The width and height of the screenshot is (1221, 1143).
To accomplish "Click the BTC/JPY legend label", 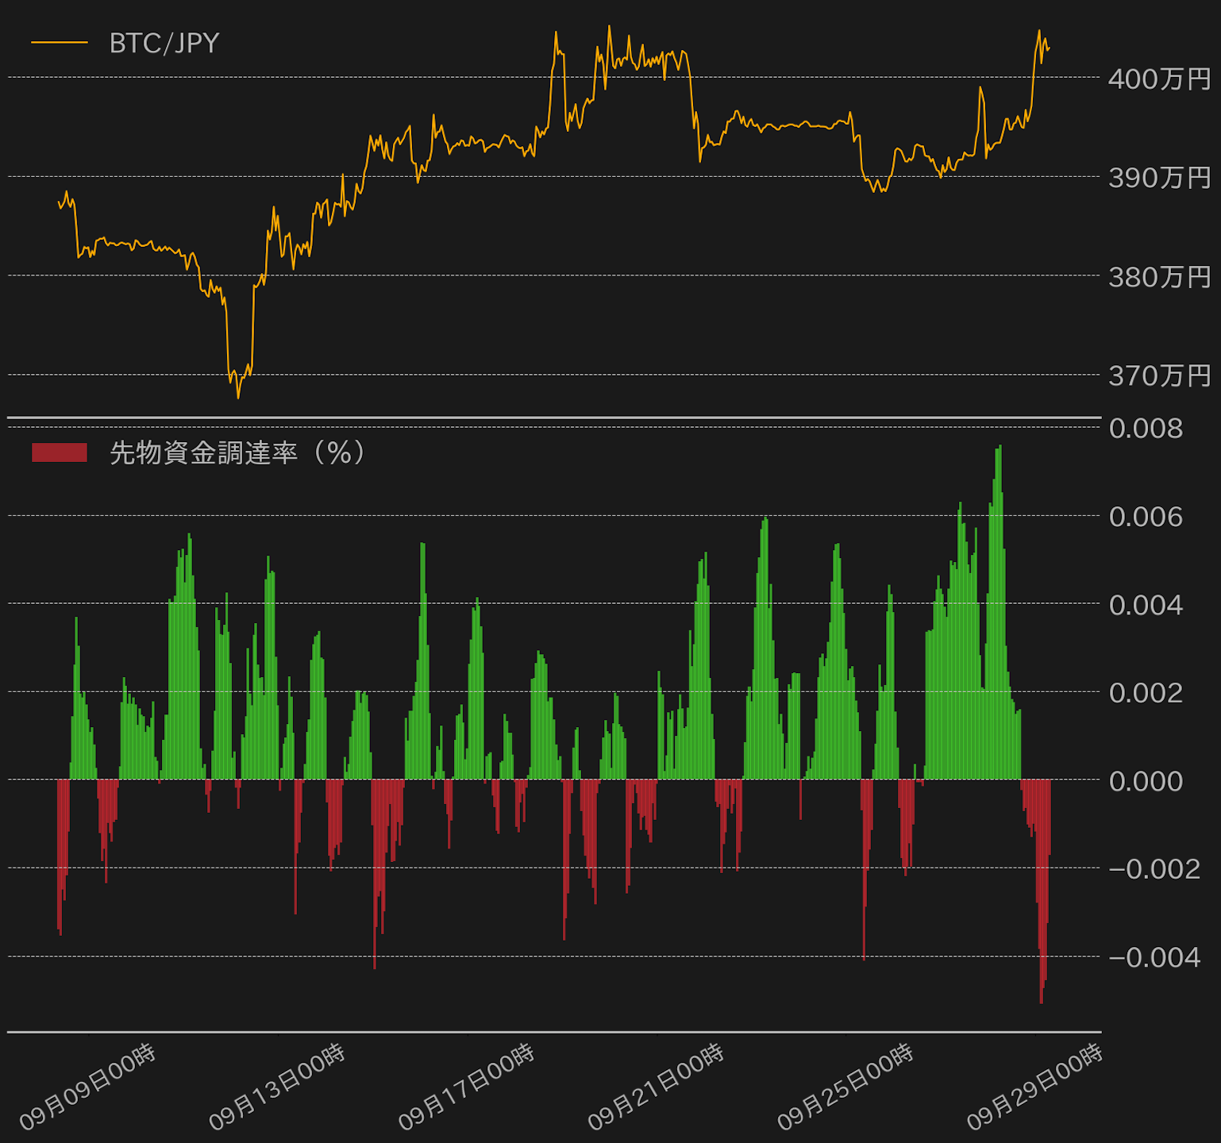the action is tap(164, 43).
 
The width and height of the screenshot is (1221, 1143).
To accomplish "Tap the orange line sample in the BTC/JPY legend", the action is tap(60, 43).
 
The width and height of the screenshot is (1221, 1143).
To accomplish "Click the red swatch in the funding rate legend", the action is tap(60, 452).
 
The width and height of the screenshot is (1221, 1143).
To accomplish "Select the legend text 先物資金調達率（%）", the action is tap(238, 452).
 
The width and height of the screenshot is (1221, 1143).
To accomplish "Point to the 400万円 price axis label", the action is tap(1159, 79).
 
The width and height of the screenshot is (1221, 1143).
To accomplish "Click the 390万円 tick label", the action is tap(1159, 178).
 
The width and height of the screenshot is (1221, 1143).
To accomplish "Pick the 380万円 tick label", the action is tap(1159, 277).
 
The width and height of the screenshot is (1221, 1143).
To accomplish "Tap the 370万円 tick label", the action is tap(1159, 375).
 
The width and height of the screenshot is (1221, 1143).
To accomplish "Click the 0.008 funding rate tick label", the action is tap(1146, 429).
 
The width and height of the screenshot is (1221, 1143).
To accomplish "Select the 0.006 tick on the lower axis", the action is tap(1146, 517).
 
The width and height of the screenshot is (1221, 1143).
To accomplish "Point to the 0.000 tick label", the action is tap(1146, 781).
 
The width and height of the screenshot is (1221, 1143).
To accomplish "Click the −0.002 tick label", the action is tap(1154, 869).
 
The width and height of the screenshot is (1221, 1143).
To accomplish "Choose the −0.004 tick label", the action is tap(1154, 957).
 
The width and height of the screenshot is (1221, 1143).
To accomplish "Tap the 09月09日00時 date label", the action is tap(88, 1087).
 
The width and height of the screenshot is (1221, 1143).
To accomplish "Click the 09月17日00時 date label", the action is tap(467, 1087).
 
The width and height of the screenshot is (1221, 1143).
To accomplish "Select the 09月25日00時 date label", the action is tap(845, 1087).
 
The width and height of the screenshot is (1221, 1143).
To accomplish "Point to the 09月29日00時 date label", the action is tap(1034, 1087).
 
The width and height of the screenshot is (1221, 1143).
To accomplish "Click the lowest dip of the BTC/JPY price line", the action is tap(238, 397).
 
